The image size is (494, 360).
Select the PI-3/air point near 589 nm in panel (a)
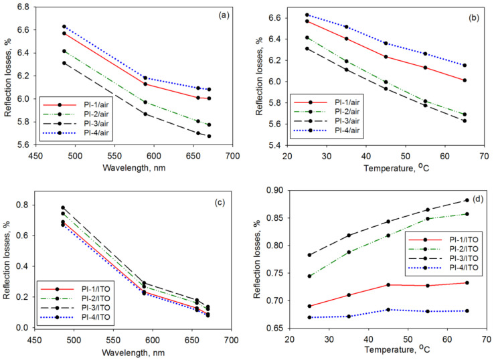[x=145, y=114]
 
